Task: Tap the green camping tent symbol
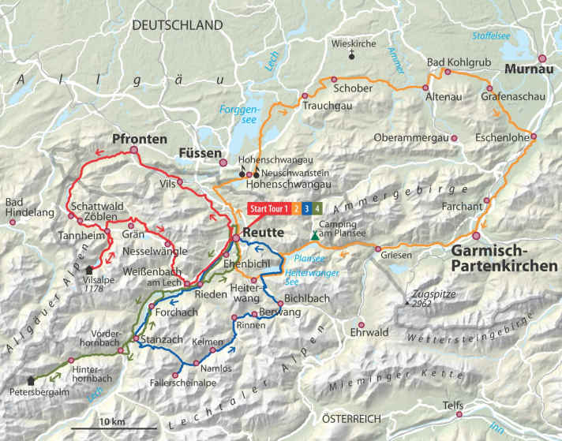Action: pos(315,235)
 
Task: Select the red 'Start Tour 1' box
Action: pos(270,209)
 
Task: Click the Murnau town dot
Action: pos(542,58)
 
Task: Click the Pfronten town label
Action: pos(140,139)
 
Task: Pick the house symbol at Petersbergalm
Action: pos(31,379)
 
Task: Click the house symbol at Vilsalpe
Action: pos(88,269)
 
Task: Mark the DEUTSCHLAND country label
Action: pos(178,25)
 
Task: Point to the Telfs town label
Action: pos(453,405)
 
